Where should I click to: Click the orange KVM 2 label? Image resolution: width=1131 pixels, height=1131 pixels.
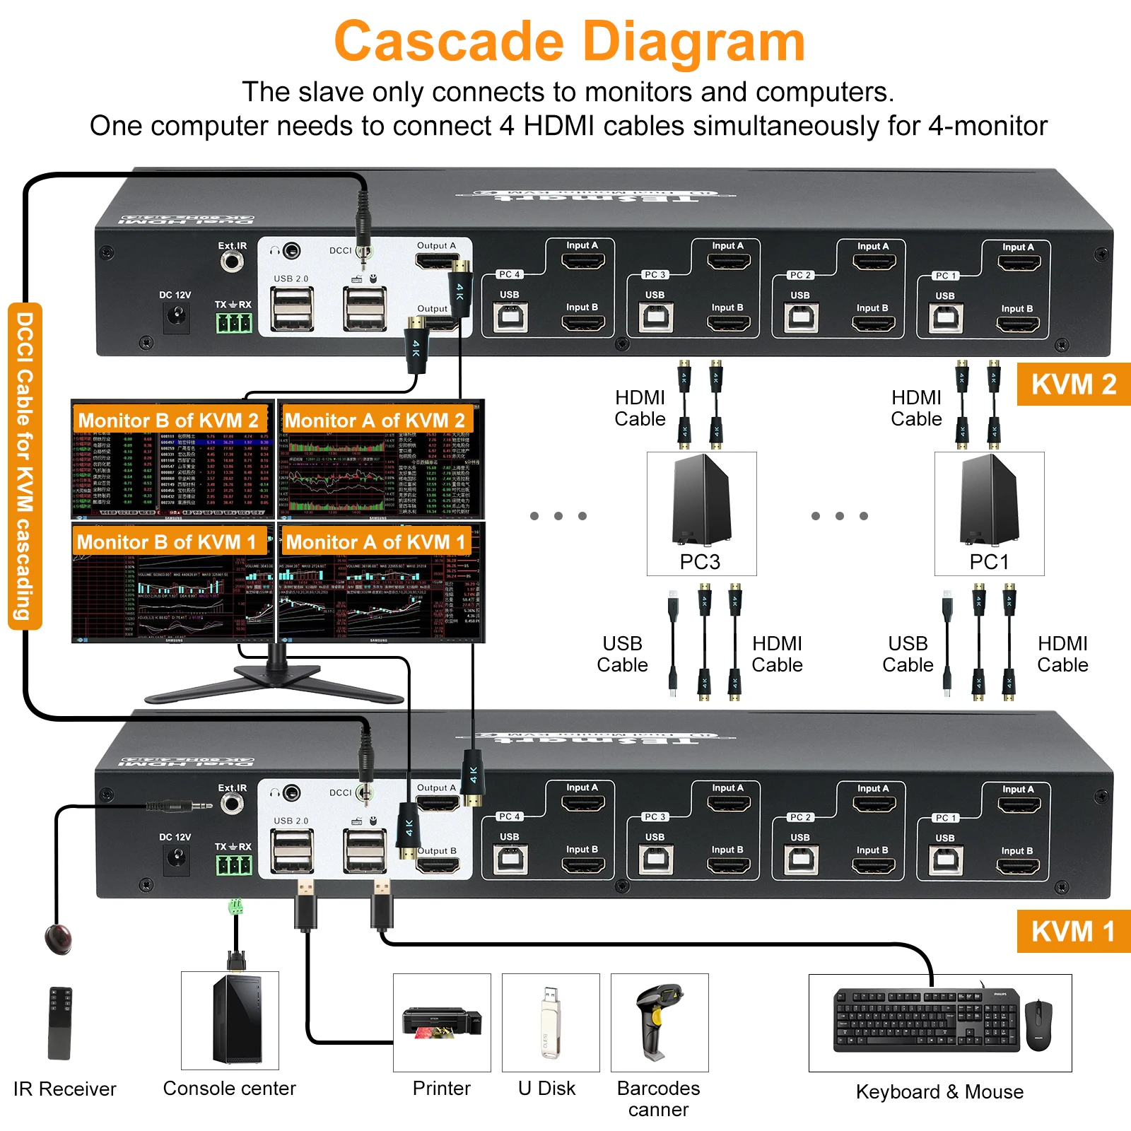[1073, 385]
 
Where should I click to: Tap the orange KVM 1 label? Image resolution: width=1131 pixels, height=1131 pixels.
[1073, 931]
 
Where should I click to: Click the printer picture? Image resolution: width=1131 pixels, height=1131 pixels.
[442, 1022]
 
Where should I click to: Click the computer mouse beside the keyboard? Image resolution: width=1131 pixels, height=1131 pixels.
[1038, 1024]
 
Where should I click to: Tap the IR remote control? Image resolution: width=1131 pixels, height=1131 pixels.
[60, 1022]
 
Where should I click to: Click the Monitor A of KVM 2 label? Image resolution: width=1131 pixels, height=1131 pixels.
[375, 421]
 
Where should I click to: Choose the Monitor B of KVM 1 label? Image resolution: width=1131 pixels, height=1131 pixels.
[167, 542]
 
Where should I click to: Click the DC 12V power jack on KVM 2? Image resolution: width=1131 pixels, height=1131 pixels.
[176, 317]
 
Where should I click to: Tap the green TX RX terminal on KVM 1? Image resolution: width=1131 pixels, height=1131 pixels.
[233, 865]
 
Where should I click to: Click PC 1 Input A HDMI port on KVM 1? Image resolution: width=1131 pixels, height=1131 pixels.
[1019, 804]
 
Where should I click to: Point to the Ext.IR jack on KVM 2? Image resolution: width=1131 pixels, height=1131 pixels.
[232, 262]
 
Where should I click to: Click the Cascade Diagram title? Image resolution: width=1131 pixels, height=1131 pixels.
[569, 42]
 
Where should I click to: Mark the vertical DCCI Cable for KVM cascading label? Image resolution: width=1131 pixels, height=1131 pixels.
[25, 466]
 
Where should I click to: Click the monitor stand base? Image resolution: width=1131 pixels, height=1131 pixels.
[276, 682]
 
